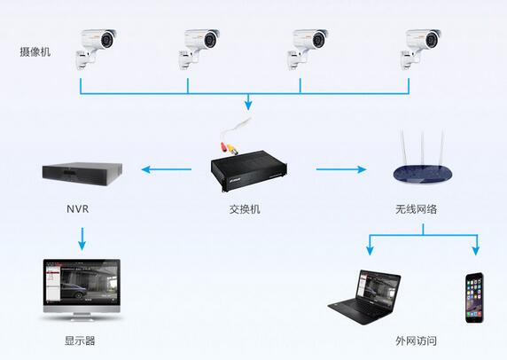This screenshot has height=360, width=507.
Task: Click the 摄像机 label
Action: tap(35, 51)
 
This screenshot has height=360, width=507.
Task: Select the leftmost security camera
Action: tap(96, 49)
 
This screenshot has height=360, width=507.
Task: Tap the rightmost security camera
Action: tap(421, 49)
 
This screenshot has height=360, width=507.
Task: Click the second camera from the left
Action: tap(199, 49)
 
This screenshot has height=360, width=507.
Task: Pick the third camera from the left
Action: tap(308, 49)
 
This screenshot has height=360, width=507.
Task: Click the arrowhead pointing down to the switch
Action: tap(248, 105)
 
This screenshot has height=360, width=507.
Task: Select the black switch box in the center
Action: tap(249, 171)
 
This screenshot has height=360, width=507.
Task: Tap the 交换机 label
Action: tap(245, 209)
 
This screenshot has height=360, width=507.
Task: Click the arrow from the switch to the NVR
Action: tap(167, 169)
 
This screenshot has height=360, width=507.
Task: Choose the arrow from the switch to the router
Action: tap(341, 169)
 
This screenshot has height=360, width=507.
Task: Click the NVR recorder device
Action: tap(82, 174)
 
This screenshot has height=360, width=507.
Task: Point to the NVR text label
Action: tap(78, 209)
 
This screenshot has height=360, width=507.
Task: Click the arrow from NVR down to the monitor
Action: tap(82, 239)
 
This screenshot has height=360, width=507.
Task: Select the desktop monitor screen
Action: tap(82, 282)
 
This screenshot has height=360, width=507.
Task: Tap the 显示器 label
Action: tap(80, 340)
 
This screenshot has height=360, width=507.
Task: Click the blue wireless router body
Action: tap(423, 174)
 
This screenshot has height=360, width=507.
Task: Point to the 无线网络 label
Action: tap(416, 209)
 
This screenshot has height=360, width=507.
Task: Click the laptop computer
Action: tap(364, 297)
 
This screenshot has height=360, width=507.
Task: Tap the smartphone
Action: tap(474, 298)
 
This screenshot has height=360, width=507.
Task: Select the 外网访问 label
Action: tap(416, 340)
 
